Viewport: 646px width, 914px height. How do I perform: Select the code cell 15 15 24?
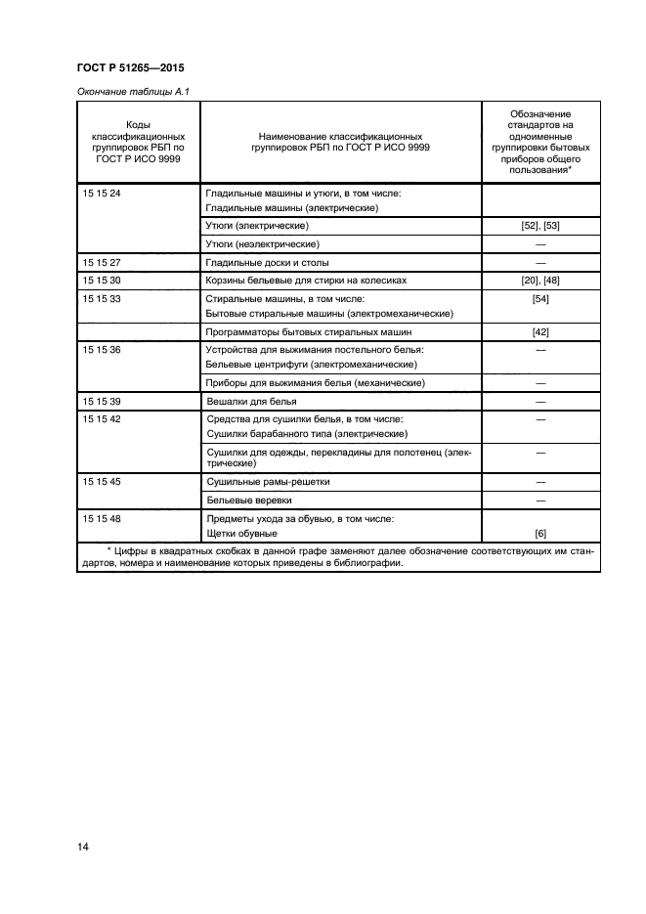click(x=102, y=194)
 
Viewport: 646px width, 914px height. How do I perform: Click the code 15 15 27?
click(x=102, y=262)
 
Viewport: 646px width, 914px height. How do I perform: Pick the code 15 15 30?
click(x=102, y=280)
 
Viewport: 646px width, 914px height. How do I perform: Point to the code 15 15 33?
click(x=102, y=297)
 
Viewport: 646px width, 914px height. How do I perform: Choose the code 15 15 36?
click(x=102, y=349)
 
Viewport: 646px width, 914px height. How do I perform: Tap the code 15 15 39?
click(x=102, y=401)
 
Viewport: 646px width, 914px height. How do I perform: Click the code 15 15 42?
click(x=102, y=418)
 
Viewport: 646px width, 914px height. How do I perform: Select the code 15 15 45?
click(x=102, y=482)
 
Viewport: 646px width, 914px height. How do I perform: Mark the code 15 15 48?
click(x=102, y=518)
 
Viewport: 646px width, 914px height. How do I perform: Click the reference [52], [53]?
click(x=539, y=226)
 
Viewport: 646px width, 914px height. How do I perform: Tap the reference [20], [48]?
click(x=539, y=280)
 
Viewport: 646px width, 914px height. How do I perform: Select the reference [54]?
click(x=539, y=297)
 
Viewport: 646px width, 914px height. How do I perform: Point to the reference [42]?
click(x=539, y=331)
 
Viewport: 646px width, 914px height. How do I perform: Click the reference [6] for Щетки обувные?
click(x=539, y=534)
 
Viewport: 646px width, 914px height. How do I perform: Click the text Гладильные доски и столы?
click(x=266, y=262)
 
